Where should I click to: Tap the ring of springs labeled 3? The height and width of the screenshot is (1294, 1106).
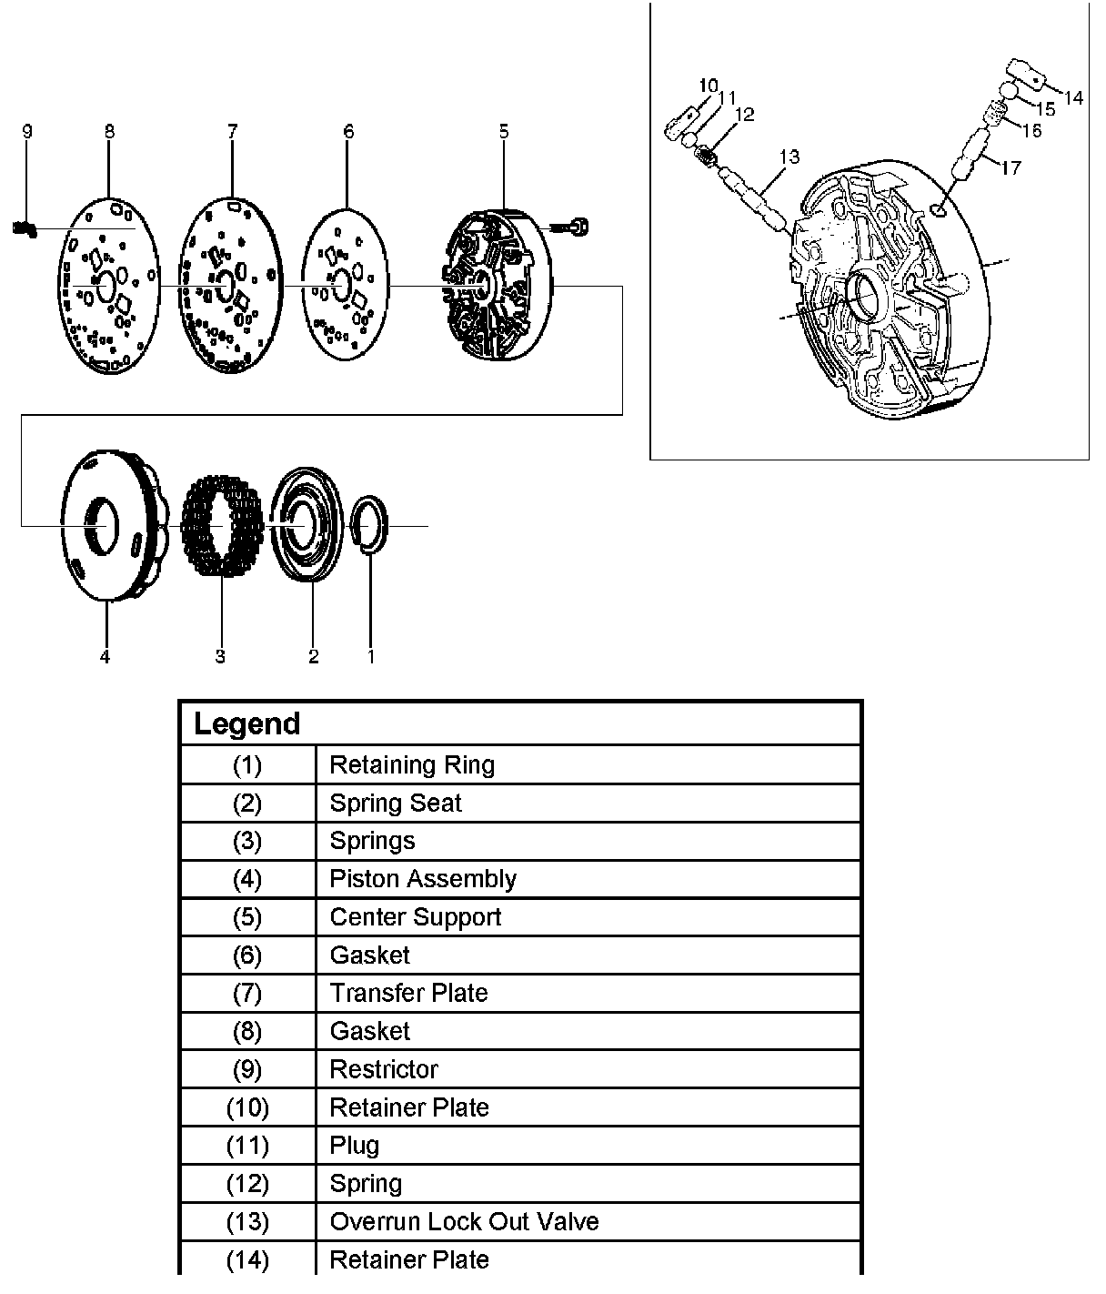pos(221,526)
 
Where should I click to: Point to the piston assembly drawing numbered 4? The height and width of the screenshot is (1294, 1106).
pos(107,525)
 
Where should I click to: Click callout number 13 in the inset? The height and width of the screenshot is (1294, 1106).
pos(789,157)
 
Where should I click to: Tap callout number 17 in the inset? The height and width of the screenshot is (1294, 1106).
pos(1010,167)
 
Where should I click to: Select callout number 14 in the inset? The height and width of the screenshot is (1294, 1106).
pos(1073,97)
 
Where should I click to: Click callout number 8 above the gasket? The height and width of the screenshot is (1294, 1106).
pos(110,132)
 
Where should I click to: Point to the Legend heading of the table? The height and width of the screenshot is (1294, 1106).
pos(246,724)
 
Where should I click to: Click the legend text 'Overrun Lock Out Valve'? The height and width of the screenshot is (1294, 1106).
pos(464,1221)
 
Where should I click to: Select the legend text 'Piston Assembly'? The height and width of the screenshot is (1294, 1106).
pos(423,879)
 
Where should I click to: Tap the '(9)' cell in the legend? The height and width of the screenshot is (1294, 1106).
pos(247,1069)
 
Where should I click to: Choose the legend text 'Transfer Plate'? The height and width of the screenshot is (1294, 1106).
pos(408,993)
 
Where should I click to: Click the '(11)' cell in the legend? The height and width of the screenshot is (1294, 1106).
pos(247,1146)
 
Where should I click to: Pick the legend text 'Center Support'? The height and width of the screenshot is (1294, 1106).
pos(415,917)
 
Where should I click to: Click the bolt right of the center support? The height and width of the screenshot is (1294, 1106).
pos(574,224)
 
